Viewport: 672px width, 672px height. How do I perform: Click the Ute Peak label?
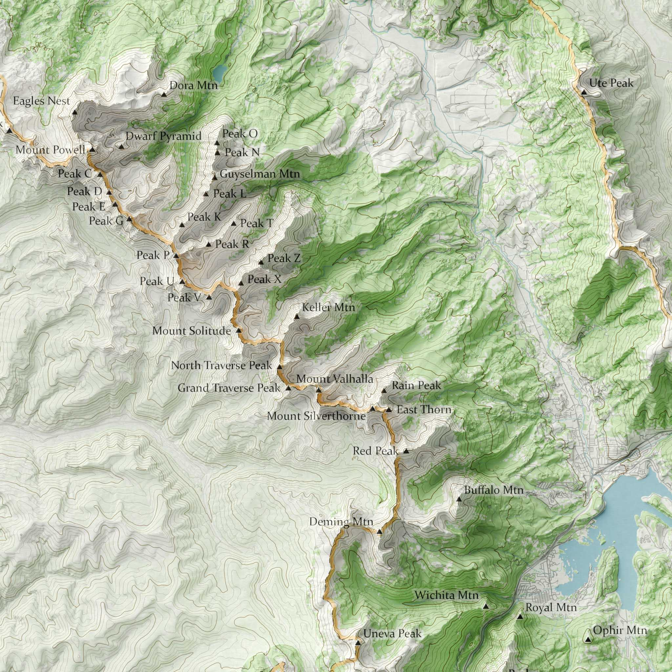(611, 83)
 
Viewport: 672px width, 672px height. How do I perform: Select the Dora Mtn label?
(193, 85)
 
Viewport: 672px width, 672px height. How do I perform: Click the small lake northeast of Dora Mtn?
(220, 72)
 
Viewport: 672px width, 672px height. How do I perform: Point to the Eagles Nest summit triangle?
(74, 112)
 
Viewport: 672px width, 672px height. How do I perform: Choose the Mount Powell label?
(50, 150)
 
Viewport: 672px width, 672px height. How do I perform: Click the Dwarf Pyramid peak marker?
(121, 147)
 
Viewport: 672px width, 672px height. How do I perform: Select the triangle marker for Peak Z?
(261, 262)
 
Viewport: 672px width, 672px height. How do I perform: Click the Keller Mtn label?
(328, 307)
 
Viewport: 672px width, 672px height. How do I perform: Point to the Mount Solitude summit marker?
(239, 330)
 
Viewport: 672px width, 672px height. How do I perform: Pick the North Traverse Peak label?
(221, 366)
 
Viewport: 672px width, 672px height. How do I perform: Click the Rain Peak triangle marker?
(384, 391)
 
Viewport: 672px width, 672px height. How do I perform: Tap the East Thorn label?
(424, 410)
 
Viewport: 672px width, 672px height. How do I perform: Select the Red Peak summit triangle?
(406, 451)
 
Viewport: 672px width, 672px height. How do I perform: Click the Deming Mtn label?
(341, 522)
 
